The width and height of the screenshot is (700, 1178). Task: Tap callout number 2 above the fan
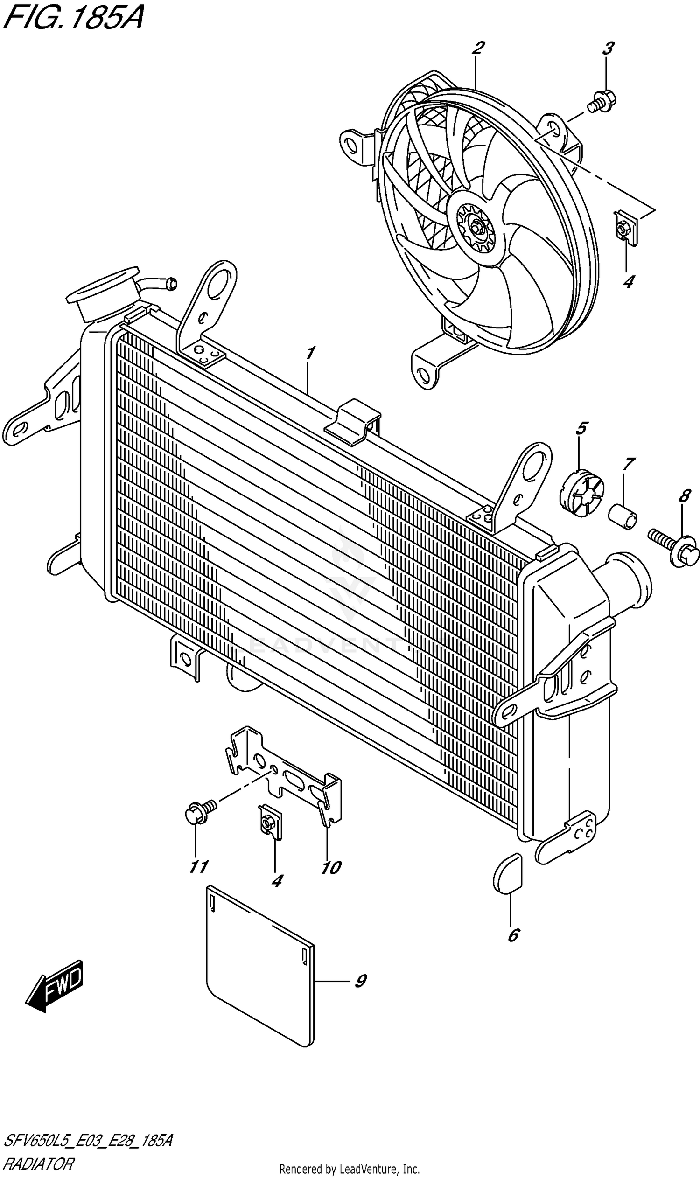tap(478, 48)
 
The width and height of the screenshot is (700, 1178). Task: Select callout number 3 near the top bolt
tap(608, 48)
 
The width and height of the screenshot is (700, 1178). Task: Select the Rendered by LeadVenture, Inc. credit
tap(350, 1169)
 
